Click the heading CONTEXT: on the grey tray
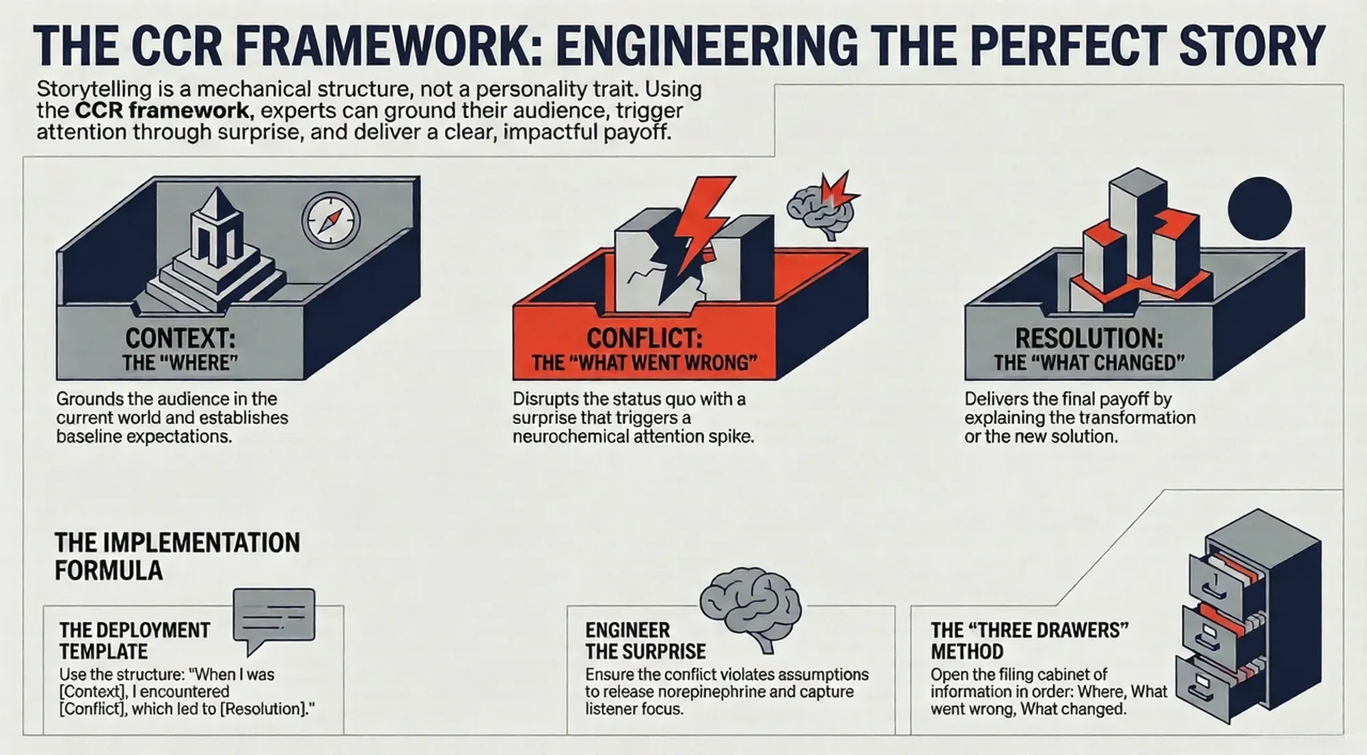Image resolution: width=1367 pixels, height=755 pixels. click(x=180, y=339)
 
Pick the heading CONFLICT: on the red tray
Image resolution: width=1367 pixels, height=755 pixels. click(x=645, y=339)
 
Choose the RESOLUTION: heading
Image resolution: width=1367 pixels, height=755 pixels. click(x=1089, y=339)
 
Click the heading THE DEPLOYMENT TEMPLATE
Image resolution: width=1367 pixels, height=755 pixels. click(x=135, y=640)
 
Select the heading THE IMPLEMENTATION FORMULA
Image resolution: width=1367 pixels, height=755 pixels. click(x=177, y=556)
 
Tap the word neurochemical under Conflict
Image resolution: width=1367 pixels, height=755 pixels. click(x=571, y=436)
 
